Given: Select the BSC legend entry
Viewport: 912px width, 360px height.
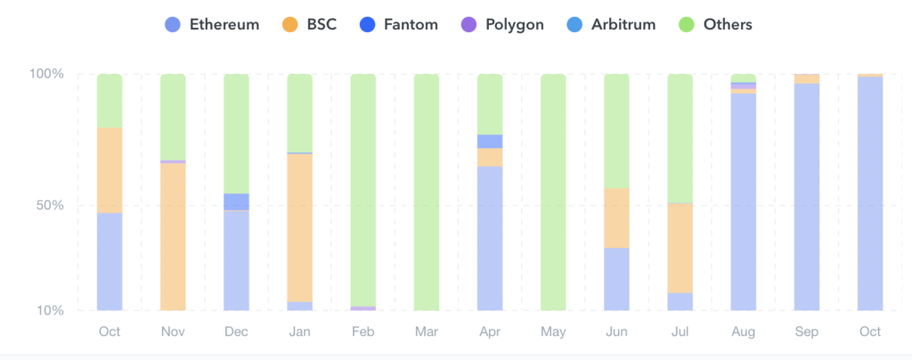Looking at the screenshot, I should pyautogui.click(x=306, y=25).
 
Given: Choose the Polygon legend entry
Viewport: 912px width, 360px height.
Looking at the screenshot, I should pyautogui.click(x=501, y=25).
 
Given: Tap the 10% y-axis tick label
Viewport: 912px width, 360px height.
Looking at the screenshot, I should pyautogui.click(x=50, y=311).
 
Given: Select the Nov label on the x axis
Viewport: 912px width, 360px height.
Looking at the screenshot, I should pyautogui.click(x=173, y=331).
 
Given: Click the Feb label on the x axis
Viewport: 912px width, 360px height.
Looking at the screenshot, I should pyautogui.click(x=363, y=331).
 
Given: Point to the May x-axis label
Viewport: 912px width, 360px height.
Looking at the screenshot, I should pyautogui.click(x=553, y=331).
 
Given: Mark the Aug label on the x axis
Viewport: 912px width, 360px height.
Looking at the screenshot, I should pyautogui.click(x=744, y=331).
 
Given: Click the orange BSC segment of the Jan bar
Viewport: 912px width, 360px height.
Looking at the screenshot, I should pyautogui.click(x=300, y=227).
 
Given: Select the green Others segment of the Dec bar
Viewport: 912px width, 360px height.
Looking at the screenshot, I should pyautogui.click(x=236, y=134).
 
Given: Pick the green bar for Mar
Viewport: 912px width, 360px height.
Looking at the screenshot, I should pyautogui.click(x=427, y=192).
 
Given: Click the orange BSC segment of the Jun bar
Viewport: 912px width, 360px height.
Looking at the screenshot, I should pyautogui.click(x=616, y=217).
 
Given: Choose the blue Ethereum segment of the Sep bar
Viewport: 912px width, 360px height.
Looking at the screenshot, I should pyautogui.click(x=807, y=196).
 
